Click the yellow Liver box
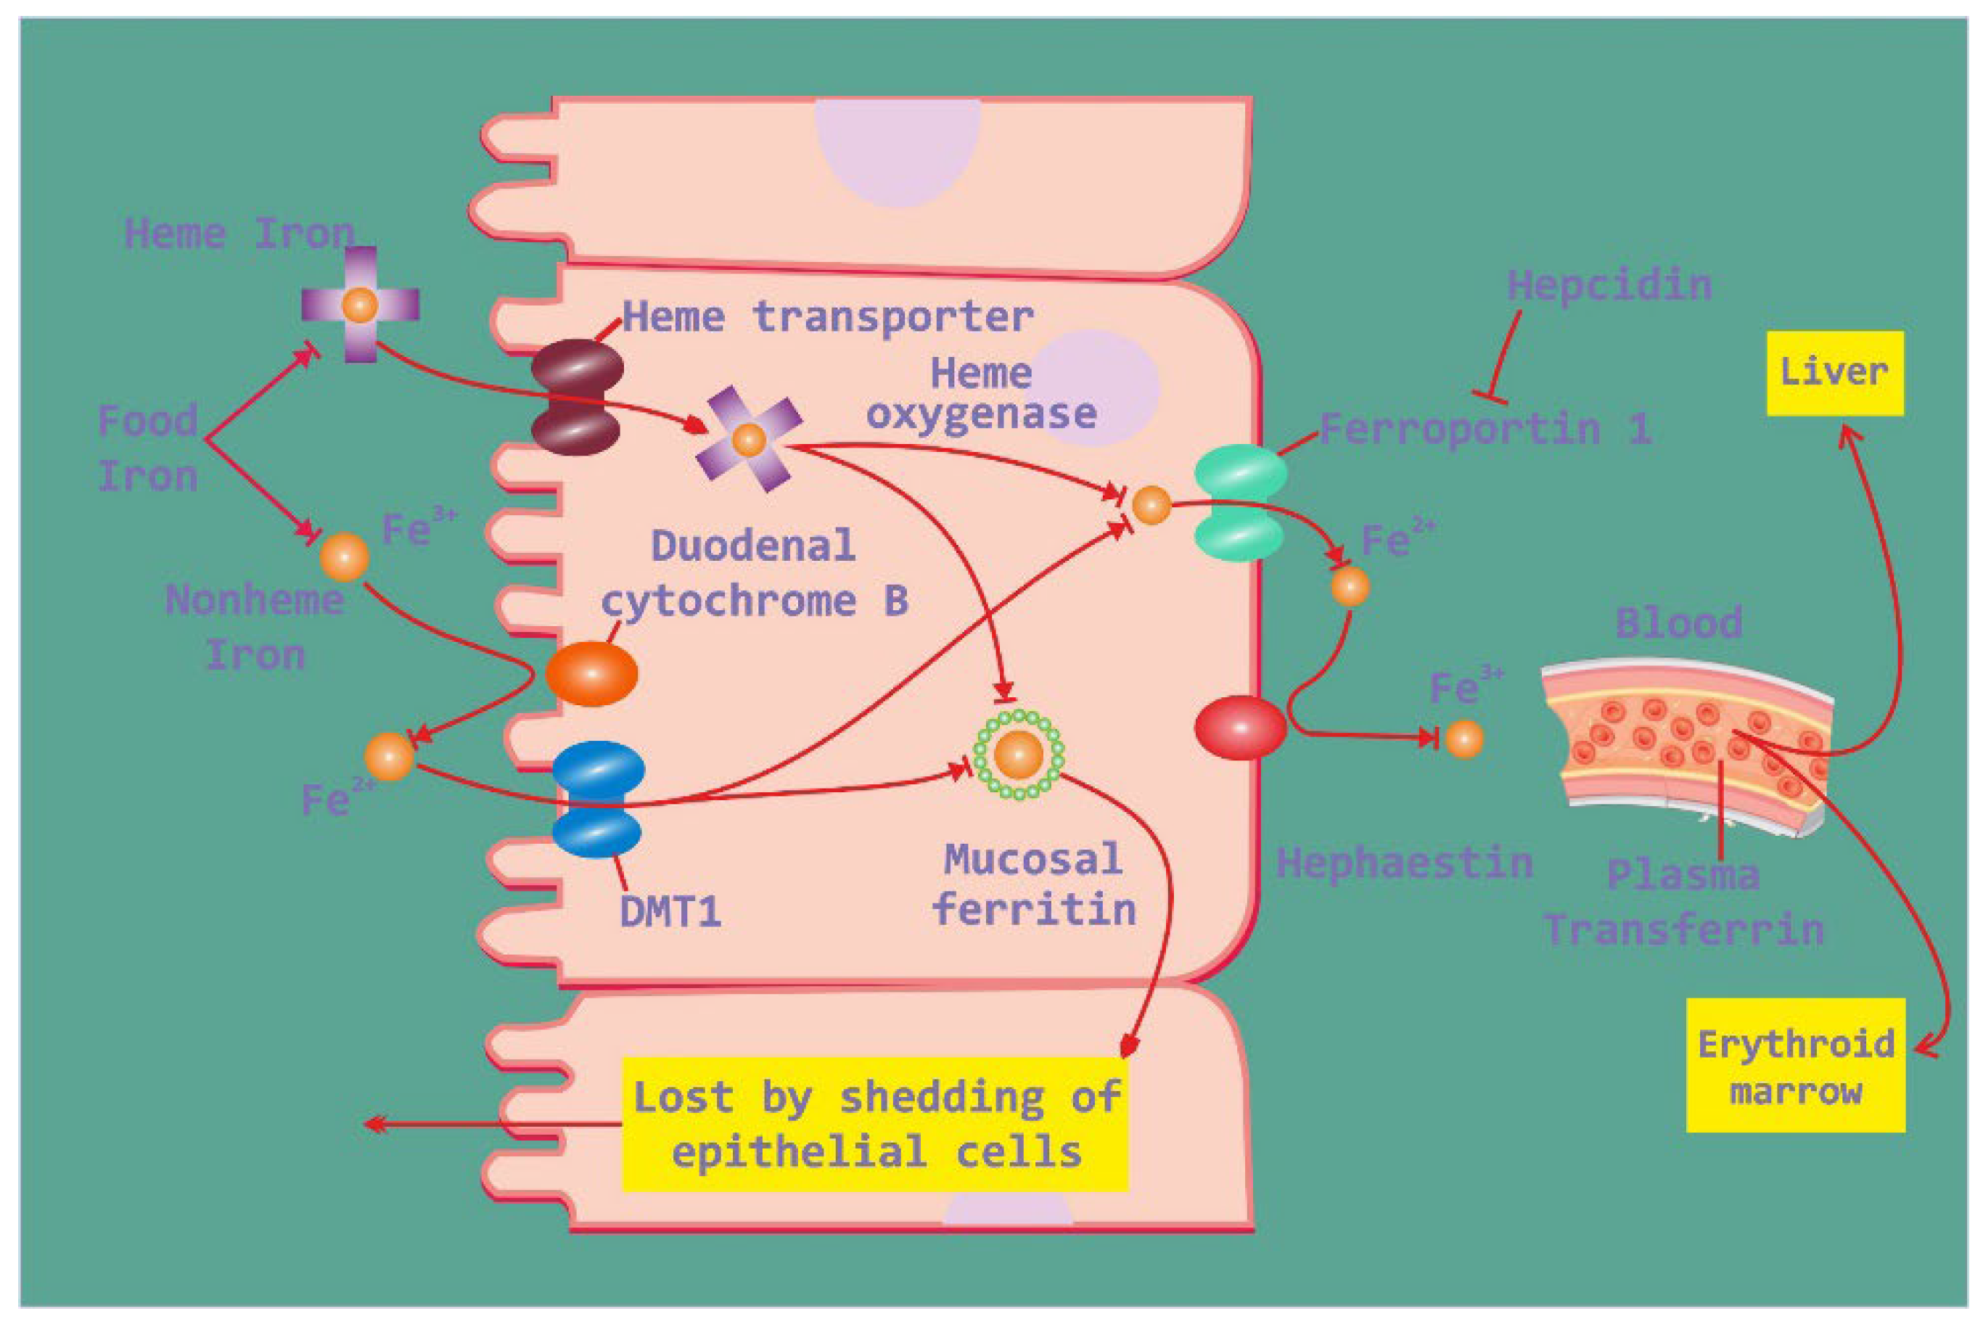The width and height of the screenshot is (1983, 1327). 1834,373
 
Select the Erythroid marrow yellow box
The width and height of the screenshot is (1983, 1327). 1795,1066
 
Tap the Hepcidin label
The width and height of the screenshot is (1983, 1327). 1609,285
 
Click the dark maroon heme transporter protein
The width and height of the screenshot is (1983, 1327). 578,397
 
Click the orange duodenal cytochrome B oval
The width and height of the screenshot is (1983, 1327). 591,673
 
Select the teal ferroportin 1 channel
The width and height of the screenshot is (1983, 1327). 1240,503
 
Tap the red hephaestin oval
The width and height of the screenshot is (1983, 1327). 1240,727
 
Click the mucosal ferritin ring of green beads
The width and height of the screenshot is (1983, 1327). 1019,754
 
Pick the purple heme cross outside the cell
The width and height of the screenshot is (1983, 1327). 361,304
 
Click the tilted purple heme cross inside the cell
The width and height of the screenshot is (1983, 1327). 748,438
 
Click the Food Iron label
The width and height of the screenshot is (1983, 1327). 148,448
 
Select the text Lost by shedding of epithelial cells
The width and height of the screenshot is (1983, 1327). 876,1124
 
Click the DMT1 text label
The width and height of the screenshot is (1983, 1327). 670,911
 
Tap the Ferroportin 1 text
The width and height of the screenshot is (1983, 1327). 1485,428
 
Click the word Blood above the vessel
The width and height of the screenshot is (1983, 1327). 1678,623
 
